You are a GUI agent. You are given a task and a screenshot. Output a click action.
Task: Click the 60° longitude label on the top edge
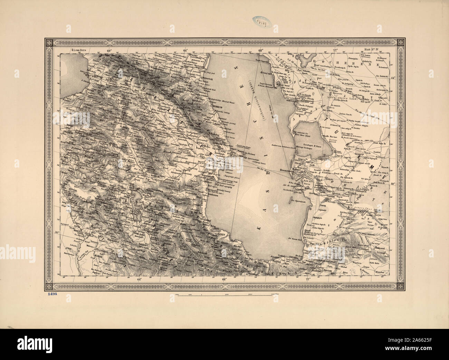pos(110,50)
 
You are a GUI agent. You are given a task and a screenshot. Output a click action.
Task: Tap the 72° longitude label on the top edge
pos(334,50)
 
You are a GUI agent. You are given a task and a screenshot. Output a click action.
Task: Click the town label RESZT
pos(221,234)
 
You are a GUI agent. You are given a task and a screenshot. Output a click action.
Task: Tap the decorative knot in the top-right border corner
pos(401,42)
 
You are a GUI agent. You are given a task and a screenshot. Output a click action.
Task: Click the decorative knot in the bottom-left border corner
pos(48,286)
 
